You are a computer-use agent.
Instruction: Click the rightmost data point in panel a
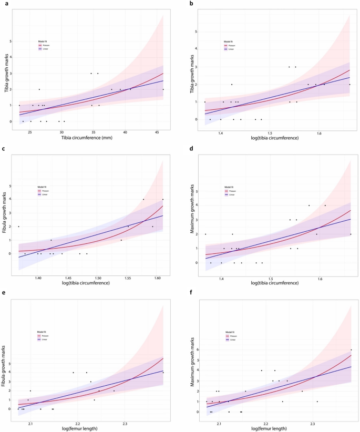[x=163, y=89]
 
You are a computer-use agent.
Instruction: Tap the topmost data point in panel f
[x=351, y=364]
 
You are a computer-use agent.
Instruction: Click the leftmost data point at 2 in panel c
[x=18, y=227]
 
